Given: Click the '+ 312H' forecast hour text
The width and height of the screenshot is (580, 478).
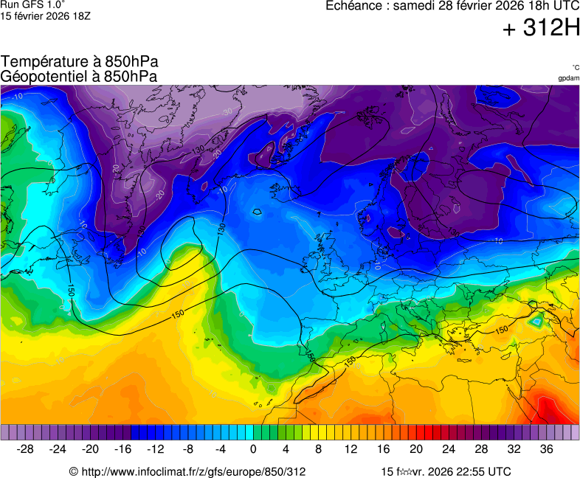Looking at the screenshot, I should coord(540,29).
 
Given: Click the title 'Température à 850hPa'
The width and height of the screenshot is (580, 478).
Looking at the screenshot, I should coord(80,62).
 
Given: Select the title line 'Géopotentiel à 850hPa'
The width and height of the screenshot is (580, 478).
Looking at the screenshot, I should coord(80,76).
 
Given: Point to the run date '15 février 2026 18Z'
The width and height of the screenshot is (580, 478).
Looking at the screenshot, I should coord(46,15).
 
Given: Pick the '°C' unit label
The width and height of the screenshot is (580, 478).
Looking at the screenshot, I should coord(575,67).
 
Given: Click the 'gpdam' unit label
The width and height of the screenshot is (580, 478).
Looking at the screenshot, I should coord(568,77).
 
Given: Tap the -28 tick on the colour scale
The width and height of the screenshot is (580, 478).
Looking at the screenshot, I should coord(25,448).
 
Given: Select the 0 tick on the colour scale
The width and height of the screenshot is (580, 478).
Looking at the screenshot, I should coord(253,448).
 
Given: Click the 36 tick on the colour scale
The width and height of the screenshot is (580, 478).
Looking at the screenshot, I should coord(546,448).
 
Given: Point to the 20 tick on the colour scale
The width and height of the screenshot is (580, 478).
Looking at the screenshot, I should coord(416,448).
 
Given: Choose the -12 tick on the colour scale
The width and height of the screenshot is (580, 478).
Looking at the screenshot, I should coord(156,448).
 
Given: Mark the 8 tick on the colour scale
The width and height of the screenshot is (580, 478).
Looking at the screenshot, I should coord(318,448).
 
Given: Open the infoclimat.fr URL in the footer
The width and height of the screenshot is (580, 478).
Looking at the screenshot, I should coord(187,471).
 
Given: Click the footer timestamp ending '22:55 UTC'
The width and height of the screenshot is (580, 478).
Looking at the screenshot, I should coord(445,471).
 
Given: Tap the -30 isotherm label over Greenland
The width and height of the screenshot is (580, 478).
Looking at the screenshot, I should coord(227,112).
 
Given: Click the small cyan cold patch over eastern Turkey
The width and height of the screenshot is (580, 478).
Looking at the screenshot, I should coord(536,321).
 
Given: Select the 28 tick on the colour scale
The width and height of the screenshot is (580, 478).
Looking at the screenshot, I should coord(481,448).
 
